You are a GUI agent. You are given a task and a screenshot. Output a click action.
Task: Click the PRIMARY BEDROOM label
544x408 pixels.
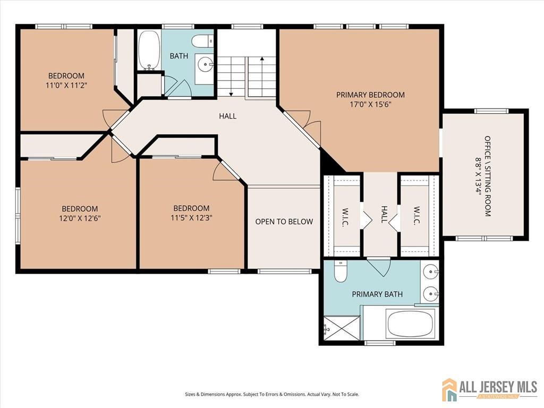(370, 95)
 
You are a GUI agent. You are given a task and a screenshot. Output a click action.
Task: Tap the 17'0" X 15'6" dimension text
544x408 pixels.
(370, 104)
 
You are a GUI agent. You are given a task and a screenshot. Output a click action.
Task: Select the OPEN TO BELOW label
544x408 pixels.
(284, 222)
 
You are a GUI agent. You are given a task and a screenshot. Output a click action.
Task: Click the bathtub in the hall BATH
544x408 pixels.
(149, 50)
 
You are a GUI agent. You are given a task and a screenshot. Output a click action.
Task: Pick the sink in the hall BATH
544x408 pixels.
(206, 64)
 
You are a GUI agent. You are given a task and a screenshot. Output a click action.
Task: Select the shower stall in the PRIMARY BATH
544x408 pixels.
(342, 328)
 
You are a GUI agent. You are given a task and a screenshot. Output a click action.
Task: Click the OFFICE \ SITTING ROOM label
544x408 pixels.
(488, 176)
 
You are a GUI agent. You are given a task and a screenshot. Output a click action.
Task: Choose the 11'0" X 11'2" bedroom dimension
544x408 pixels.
(66, 86)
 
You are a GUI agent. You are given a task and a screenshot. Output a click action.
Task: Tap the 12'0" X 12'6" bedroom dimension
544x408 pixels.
(80, 218)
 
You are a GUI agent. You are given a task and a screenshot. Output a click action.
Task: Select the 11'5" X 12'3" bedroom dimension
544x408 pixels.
(191, 218)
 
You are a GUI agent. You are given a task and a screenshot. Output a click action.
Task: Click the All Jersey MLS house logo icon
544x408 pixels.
(449, 389)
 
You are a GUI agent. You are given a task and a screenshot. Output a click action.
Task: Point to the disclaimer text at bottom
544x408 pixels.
(272, 395)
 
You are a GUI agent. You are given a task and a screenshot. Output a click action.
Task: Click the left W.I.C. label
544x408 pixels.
(345, 217)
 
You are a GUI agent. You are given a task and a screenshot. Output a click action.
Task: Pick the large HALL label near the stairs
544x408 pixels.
(227, 116)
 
